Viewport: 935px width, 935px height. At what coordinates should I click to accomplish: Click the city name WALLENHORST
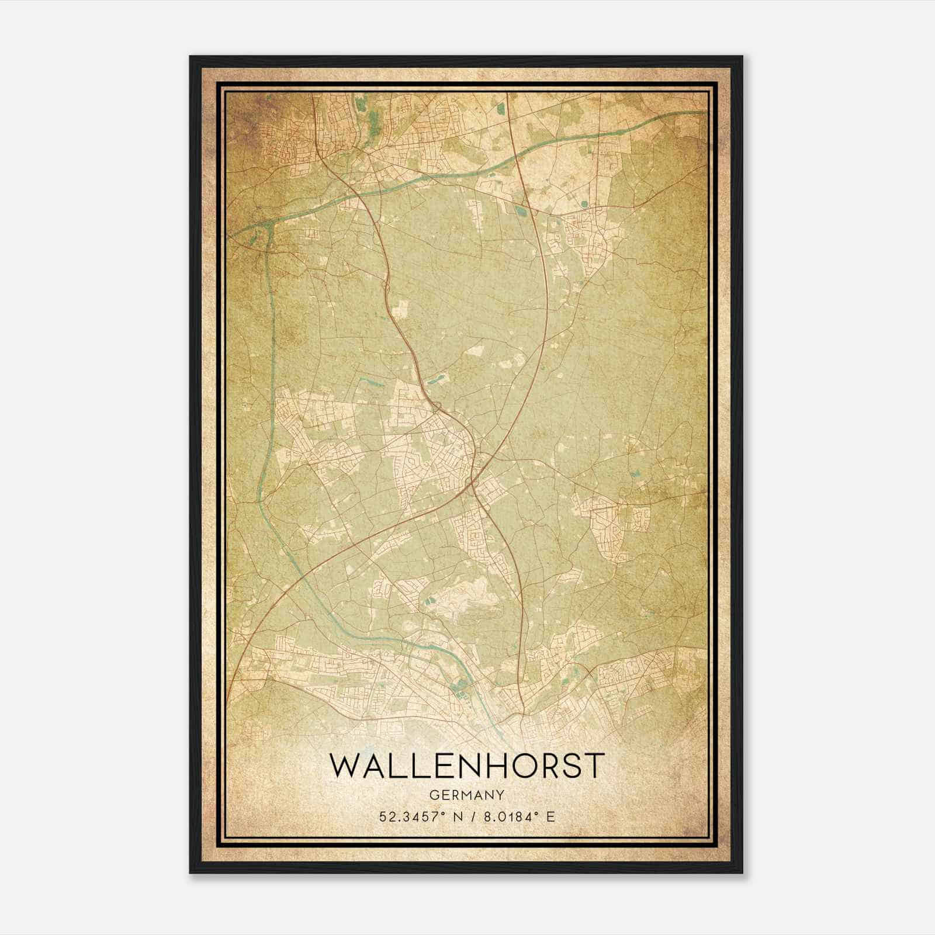tap(466, 766)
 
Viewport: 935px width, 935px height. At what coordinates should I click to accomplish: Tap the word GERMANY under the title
tap(466, 795)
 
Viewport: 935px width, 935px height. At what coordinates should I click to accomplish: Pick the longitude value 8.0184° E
tap(518, 816)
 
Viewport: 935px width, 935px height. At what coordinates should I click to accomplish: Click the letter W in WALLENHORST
tap(345, 766)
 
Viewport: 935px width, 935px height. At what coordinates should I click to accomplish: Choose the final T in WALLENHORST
tap(593, 766)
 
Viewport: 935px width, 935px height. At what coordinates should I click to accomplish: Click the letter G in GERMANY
tap(433, 795)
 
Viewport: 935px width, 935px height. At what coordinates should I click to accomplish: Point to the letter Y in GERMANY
tap(500, 795)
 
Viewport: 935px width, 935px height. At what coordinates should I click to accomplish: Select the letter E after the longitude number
tap(550, 816)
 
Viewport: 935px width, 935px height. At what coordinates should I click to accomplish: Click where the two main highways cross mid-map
tap(475, 483)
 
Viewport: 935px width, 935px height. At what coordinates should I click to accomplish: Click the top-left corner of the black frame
tap(191, 57)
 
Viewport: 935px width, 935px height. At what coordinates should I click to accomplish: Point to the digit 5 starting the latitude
tap(383, 816)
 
